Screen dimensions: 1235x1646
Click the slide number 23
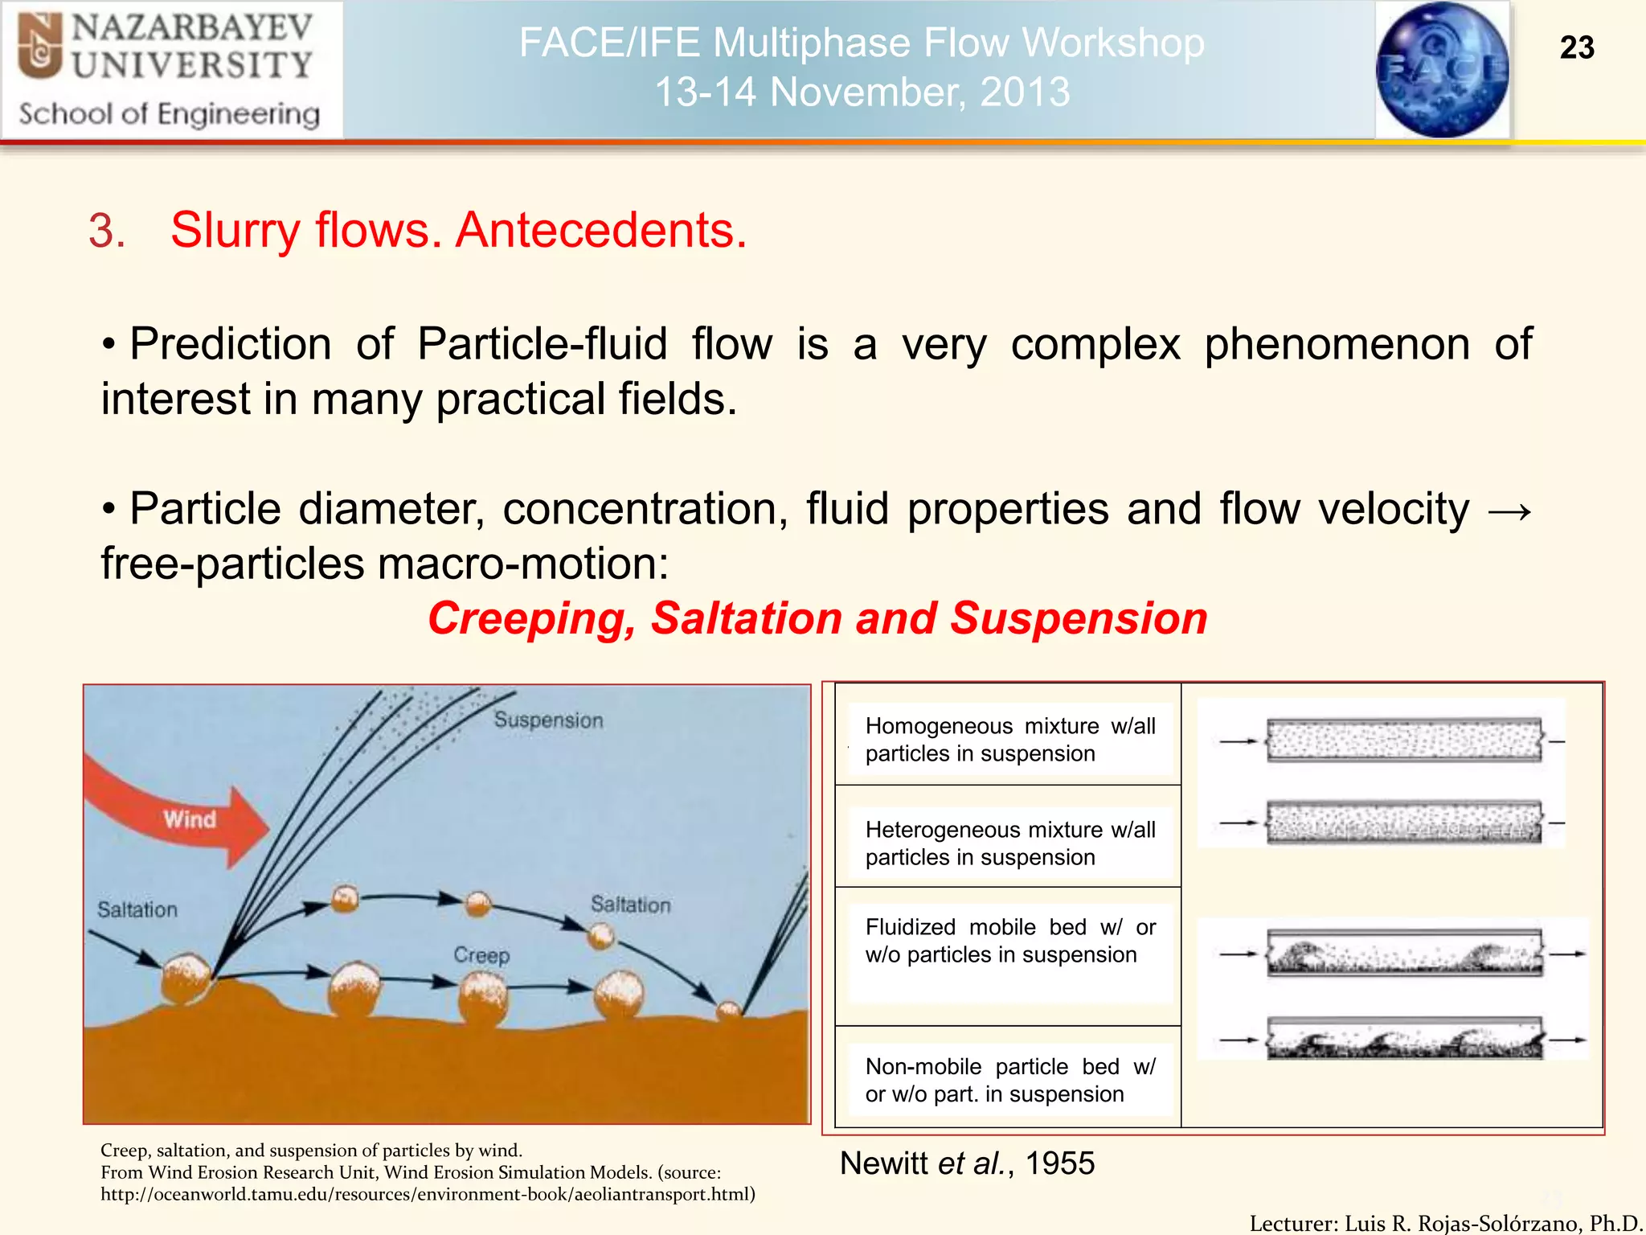[1576, 48]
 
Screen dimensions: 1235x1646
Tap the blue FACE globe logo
[1442, 70]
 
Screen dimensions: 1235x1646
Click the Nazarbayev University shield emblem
[40, 47]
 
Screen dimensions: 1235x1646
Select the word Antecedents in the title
[601, 231]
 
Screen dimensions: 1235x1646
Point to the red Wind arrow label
[190, 819]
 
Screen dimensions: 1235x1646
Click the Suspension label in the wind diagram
[548, 720]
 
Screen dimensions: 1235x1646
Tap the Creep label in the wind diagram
[481, 955]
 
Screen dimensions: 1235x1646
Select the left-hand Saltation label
[137, 909]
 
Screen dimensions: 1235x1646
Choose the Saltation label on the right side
[630, 905]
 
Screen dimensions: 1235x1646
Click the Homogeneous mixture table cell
[1009, 740]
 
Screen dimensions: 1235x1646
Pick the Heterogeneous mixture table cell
[1009, 843]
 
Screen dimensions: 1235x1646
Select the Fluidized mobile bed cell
[1009, 941]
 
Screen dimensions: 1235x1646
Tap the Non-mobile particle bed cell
[1009, 1080]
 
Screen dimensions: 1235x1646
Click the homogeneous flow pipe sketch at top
[1403, 740]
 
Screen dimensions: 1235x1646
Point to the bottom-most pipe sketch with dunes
[1403, 1039]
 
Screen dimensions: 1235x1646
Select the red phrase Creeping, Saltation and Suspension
[817, 618]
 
